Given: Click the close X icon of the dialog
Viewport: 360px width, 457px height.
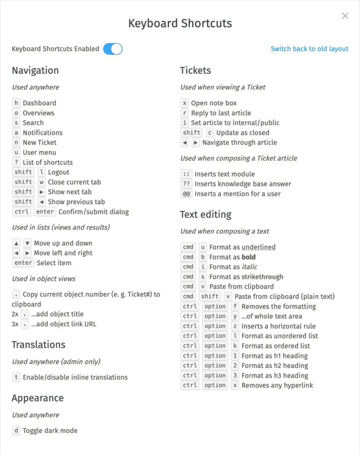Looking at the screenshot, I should point(345,16).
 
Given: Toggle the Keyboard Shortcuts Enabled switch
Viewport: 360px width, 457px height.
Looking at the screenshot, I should point(113,49).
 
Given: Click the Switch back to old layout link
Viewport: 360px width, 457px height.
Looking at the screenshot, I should point(309,49).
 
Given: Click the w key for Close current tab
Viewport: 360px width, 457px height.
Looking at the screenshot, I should point(41,182).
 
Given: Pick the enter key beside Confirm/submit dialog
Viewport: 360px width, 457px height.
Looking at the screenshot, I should point(46,212).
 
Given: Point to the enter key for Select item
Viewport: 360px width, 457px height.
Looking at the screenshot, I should point(23,263).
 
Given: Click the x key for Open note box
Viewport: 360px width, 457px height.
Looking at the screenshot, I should point(185,103).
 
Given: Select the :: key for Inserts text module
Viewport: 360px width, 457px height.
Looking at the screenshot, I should point(186,174).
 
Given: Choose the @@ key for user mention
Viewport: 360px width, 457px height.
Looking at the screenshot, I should point(186,194).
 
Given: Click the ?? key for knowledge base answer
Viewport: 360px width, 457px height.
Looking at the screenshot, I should point(186,184).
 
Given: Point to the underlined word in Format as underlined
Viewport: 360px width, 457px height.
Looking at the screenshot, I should point(258,247).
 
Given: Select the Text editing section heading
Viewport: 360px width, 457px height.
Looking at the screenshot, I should point(205,215).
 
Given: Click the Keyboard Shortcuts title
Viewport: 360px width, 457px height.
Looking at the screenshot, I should point(180,23).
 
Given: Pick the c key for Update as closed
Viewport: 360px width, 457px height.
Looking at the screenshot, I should point(210,133).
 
